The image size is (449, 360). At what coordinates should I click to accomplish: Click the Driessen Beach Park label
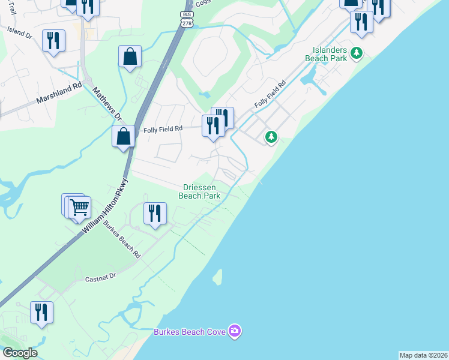click(199, 191)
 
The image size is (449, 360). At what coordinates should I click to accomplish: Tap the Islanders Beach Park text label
click(329, 55)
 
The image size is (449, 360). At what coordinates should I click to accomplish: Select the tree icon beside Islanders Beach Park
click(357, 54)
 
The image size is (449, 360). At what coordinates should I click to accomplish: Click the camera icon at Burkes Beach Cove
click(235, 331)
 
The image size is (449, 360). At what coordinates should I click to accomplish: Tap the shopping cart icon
click(79, 208)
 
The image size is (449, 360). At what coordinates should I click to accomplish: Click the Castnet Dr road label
click(100, 279)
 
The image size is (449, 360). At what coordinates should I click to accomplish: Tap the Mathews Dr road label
click(107, 104)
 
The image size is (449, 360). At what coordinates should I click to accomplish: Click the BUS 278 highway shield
click(186, 18)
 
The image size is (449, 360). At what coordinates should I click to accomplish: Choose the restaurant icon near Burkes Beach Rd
click(155, 213)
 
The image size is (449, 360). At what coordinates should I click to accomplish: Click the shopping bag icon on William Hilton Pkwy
click(123, 136)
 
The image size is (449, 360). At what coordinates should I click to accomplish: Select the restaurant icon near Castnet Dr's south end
click(41, 312)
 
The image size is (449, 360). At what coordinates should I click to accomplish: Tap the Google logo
click(20, 353)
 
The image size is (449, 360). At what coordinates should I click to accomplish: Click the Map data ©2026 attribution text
click(423, 355)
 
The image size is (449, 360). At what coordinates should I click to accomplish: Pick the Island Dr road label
click(19, 32)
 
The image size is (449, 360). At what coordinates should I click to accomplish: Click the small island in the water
click(217, 277)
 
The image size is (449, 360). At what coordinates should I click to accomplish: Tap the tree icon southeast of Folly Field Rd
click(271, 137)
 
